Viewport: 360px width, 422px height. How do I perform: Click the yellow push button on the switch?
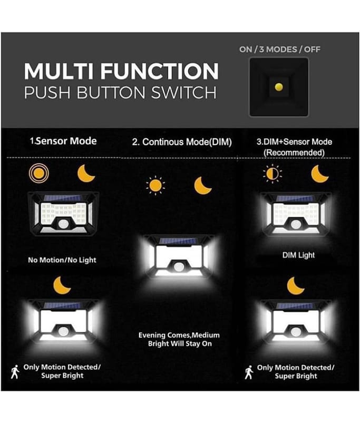pos(279,87)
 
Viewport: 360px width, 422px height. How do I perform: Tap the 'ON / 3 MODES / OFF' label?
pos(280,50)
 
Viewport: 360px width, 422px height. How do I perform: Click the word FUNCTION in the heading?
pos(159,71)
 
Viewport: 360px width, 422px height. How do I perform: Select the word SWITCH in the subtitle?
pos(184,93)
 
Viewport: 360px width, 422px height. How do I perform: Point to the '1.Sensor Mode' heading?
pos(63,141)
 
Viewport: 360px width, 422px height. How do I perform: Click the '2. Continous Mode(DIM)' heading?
pos(182,142)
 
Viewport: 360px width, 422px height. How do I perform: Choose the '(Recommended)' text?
pos(294,152)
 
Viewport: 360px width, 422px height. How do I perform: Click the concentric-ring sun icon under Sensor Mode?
pos(39,173)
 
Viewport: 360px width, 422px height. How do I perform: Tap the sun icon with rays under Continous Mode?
pos(155,186)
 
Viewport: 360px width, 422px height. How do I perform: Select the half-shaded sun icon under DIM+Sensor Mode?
pos(273,174)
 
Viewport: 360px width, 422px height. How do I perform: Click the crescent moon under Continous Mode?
pos(202,186)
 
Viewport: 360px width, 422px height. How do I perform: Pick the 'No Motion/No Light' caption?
pos(62,260)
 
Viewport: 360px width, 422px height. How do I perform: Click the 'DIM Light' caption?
pos(298,255)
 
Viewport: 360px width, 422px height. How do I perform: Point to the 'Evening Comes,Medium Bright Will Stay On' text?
pos(179,339)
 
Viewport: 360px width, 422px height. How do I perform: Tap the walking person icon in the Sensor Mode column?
pos(15,372)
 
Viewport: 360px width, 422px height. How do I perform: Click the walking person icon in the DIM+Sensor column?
pos(249,372)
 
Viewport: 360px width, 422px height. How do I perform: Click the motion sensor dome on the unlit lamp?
pos(63,224)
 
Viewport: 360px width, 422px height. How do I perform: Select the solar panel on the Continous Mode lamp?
pos(178,241)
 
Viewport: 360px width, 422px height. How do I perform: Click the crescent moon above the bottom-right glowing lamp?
pos(296,286)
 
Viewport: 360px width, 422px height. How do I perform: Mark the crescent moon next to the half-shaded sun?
pos(319,174)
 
